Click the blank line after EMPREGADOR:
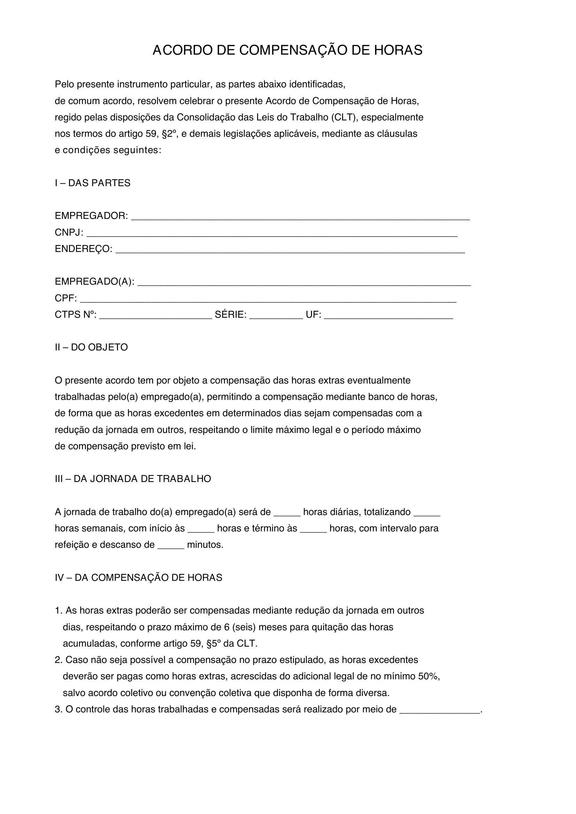coord(300,217)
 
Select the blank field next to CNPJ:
coord(272,234)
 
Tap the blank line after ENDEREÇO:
coord(290,250)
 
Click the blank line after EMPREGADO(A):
coord(304,283)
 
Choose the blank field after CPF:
coord(268,300)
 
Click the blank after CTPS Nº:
coord(155,316)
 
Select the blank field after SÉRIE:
coord(276,316)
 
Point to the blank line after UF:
coord(388,316)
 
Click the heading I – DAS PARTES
coord(93,183)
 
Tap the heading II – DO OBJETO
coord(91,347)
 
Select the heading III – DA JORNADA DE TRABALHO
coord(133,479)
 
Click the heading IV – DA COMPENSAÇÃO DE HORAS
coord(138,578)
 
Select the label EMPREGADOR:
coord(91,216)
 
